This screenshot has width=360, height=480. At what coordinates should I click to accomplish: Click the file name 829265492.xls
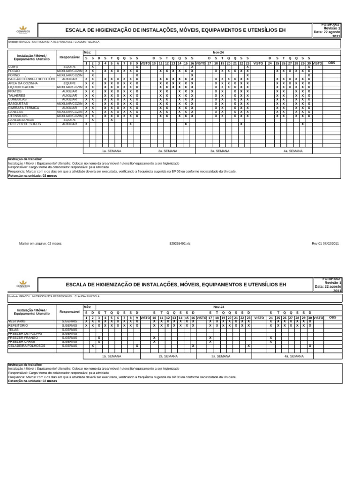coord(180,244)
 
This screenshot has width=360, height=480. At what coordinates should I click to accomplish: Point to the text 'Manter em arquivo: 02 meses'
coord(40,244)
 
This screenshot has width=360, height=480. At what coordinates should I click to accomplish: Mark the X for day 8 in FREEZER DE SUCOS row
coord(130,124)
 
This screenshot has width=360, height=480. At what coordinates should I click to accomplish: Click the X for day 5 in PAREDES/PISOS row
coord(112,120)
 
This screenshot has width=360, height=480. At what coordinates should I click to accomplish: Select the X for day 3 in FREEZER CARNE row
coord(99,342)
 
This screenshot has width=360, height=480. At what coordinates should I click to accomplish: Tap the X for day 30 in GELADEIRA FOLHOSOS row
coord(309,346)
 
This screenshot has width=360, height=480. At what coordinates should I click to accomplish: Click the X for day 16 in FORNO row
coord(192,75)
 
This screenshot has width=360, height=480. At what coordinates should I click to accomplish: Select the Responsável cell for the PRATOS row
coord(69,91)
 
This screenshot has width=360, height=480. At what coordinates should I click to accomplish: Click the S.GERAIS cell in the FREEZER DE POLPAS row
coord(69,333)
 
